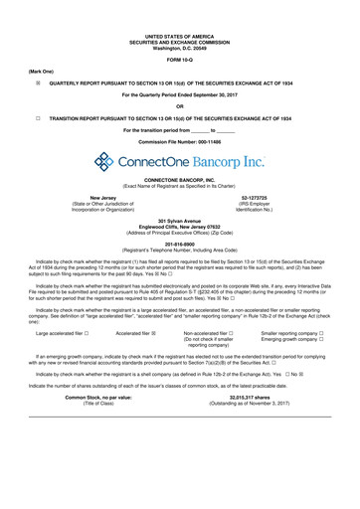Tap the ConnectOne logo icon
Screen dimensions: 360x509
pyautogui.click(x=105, y=161)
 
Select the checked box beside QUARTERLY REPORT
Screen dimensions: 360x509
pyautogui.click(x=37, y=84)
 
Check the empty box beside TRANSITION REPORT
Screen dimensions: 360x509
pyautogui.click(x=37, y=116)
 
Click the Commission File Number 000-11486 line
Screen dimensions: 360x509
pyautogui.click(x=179, y=142)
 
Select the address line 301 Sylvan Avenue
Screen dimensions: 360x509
pyautogui.click(x=179, y=219)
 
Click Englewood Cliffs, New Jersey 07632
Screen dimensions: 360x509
pyautogui.click(x=179, y=225)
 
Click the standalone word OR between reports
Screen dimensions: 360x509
pyautogui.click(x=179, y=105)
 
